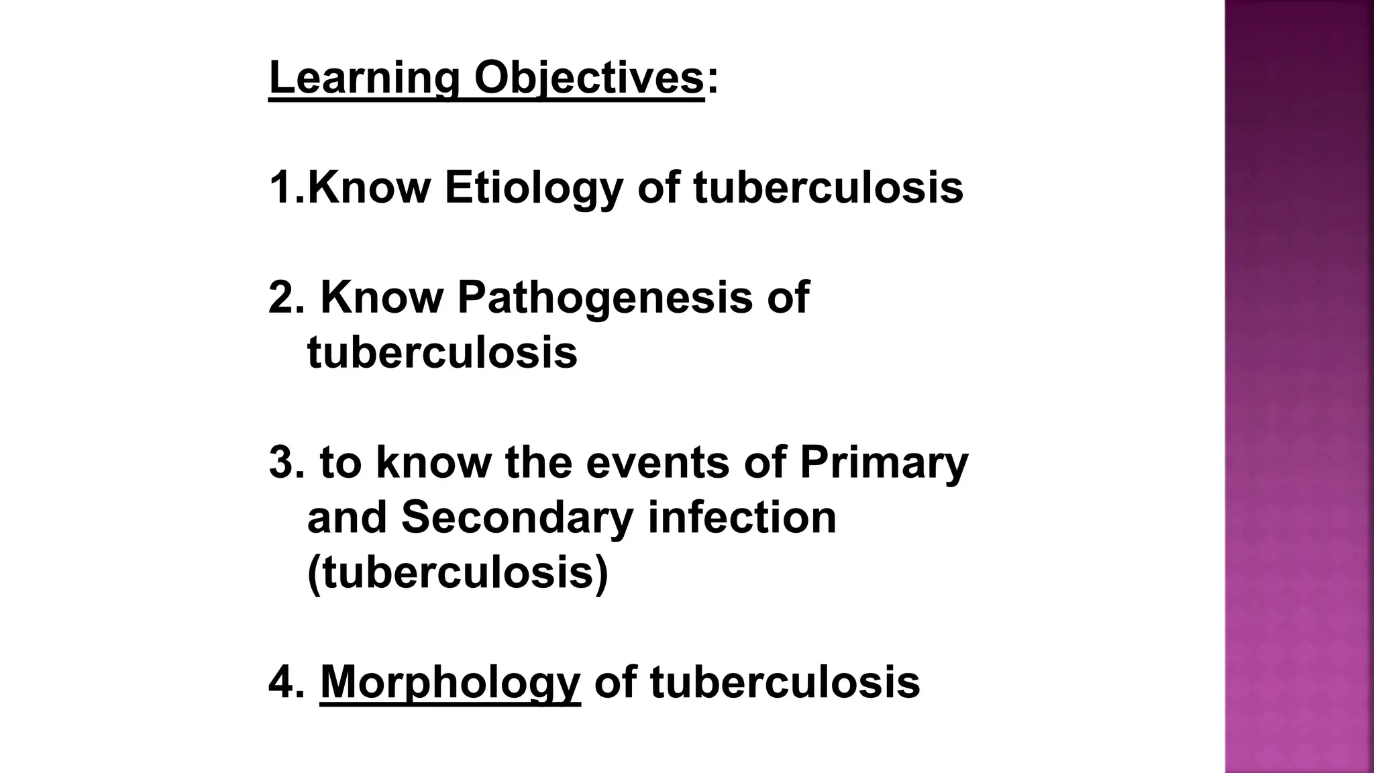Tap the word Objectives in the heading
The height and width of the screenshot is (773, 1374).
588,79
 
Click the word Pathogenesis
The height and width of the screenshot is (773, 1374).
604,297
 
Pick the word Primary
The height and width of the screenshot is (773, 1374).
884,463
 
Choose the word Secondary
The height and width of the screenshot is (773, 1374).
517,517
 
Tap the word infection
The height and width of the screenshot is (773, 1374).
742,517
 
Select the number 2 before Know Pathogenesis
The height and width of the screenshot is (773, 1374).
280,297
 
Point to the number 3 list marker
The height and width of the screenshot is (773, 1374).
280,463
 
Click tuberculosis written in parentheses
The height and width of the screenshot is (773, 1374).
458,572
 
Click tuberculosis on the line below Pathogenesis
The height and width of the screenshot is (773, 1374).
442,352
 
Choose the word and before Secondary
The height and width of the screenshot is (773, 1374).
347,517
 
